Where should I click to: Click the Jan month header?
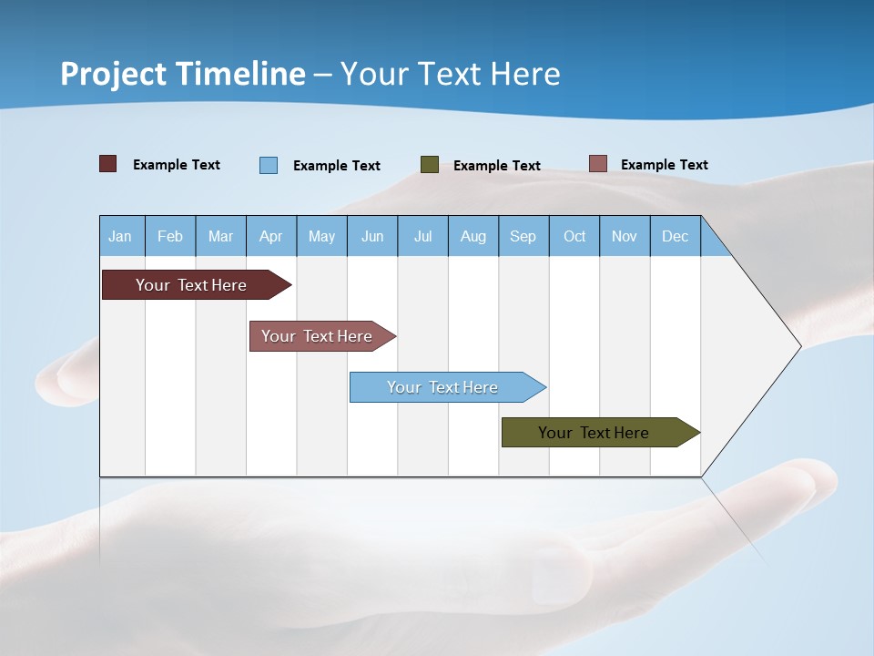point(121,236)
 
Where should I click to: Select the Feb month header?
point(170,236)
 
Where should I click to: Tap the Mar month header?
point(220,236)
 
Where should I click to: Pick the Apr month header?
point(271,236)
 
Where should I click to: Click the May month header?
point(321,236)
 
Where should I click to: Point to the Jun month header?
point(372,236)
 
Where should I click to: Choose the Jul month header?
point(422,236)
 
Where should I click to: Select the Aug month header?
point(473,236)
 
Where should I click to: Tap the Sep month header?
point(523,236)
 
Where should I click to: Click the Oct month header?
point(574,236)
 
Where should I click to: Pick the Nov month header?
point(625,236)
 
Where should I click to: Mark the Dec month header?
point(676,236)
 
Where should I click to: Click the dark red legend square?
point(108,164)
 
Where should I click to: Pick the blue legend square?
point(269,165)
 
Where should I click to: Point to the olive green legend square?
point(430,164)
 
